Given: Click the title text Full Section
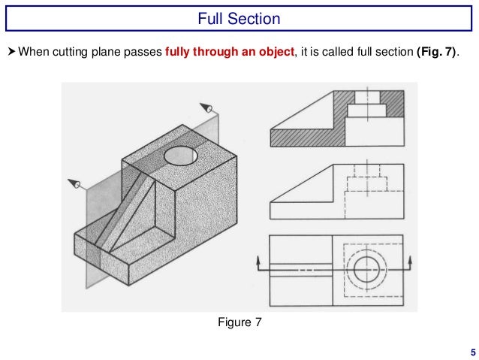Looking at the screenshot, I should click(x=239, y=18).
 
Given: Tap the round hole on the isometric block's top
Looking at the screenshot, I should click(x=180, y=156).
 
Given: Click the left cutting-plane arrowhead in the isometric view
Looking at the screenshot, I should click(x=74, y=183).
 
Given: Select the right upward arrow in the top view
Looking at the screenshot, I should click(x=411, y=263).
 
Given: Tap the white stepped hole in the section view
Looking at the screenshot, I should click(x=366, y=113).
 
